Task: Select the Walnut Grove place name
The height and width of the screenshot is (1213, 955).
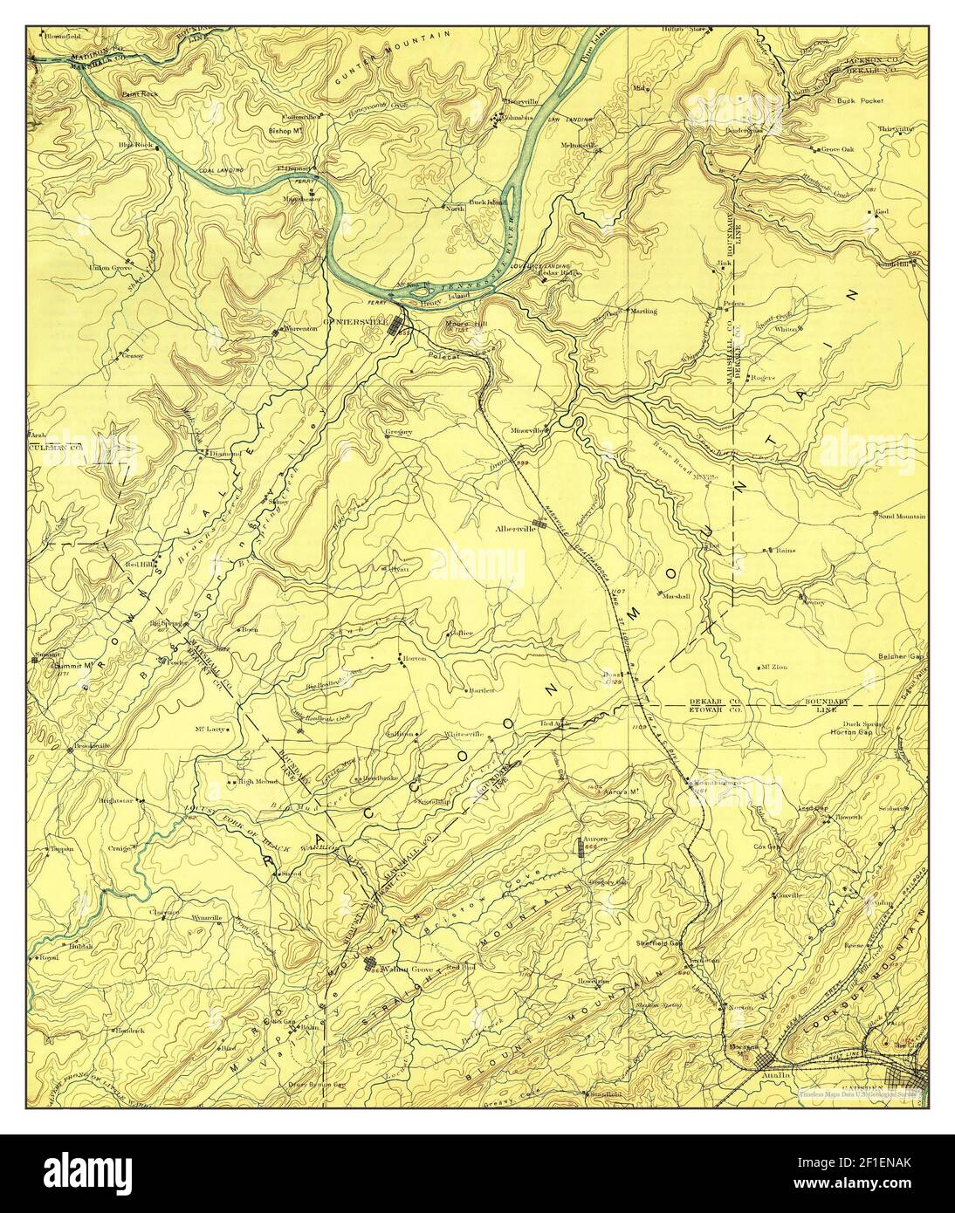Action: point(409,968)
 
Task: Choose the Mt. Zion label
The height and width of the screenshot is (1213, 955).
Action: point(773,667)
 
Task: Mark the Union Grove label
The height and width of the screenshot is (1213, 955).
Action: point(110,266)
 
